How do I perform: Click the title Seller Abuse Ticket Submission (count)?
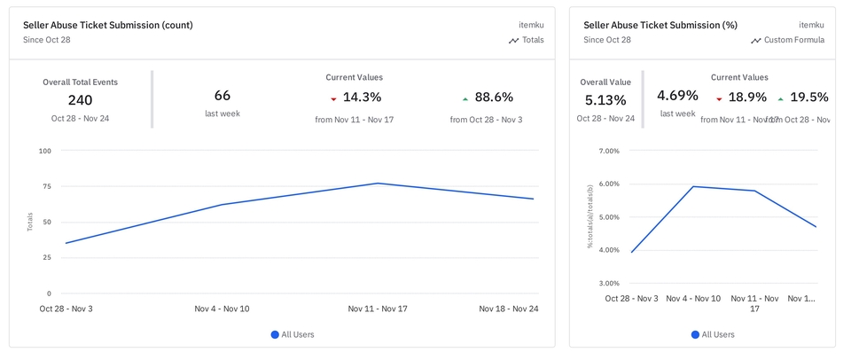107,25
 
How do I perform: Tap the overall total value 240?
80,100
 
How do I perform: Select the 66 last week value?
223,96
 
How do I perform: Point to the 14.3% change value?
362,98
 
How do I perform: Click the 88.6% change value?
494,98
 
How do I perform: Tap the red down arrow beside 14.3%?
333,98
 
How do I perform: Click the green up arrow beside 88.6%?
465,98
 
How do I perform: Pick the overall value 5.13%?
605,100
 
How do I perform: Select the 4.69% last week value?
677,96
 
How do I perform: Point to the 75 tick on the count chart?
44,186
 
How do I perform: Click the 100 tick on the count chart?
44,151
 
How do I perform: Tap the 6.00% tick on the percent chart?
608,184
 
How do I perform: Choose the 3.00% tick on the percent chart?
608,283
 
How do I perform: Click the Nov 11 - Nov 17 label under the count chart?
378,309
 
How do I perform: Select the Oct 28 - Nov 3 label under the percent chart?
631,299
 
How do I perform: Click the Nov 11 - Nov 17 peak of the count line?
378,184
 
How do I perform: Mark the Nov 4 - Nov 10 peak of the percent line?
693,186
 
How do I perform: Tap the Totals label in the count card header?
533,40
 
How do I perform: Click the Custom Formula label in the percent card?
794,40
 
